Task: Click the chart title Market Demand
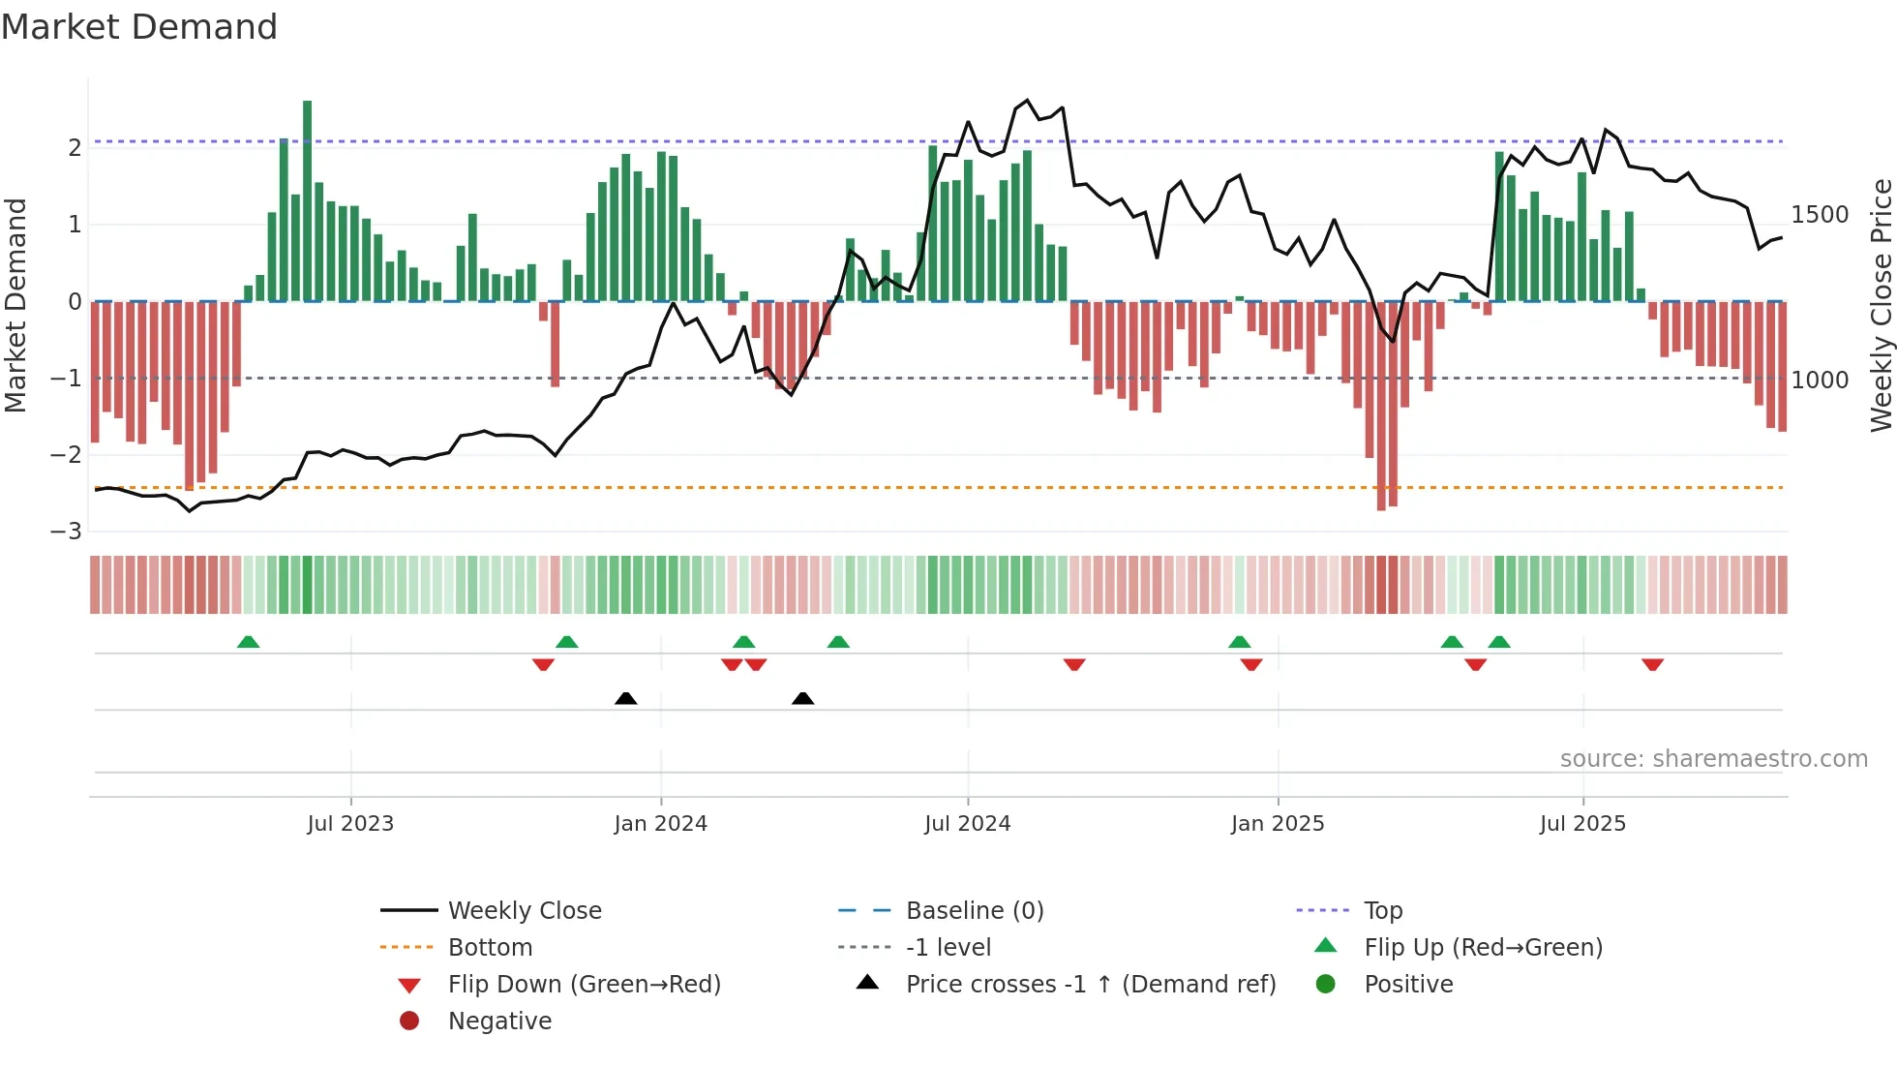tap(139, 27)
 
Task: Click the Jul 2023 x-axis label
tap(350, 824)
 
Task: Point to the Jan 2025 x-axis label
tap(1278, 824)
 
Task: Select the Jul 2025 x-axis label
tap(1582, 824)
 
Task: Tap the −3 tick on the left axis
tap(67, 532)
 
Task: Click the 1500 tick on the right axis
tap(1820, 215)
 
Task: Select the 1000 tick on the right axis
tap(1820, 381)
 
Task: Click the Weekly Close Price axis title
tap(1881, 305)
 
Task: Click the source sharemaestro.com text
tap(1713, 759)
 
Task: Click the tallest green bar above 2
tap(308, 194)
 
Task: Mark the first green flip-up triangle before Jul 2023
tap(249, 642)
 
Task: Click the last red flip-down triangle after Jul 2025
tap(1652, 664)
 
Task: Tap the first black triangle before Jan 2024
tap(626, 698)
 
